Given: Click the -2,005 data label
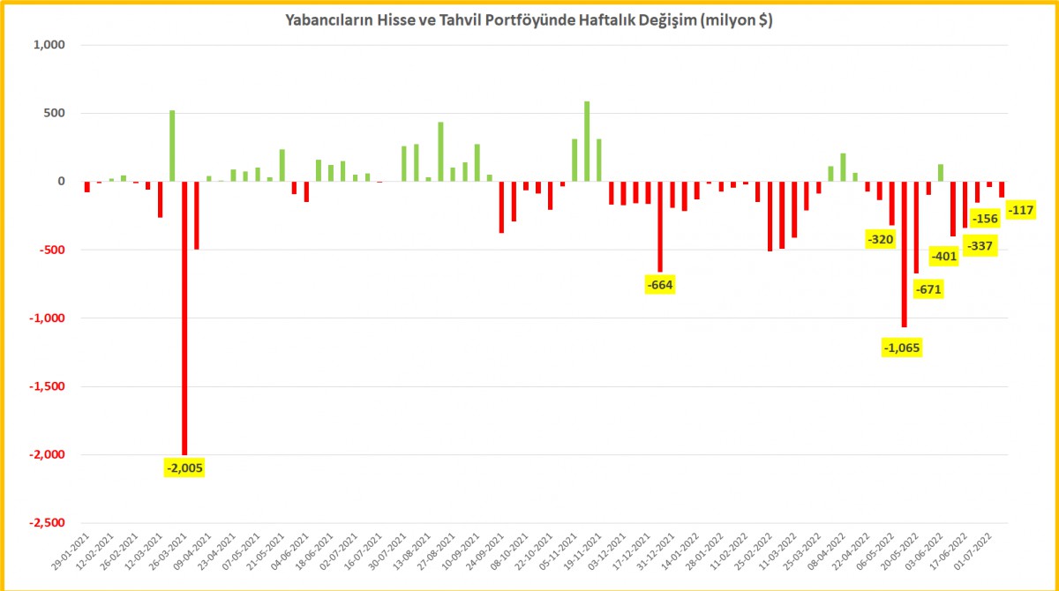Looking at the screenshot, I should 184,468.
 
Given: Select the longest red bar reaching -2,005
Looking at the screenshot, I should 184,318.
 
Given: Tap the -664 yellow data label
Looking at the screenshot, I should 660,284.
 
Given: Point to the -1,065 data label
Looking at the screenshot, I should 902,348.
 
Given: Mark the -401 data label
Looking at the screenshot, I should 943,257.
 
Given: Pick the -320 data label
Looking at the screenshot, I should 880,239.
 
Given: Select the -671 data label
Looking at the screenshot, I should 928,289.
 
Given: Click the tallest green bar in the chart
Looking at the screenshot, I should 587,141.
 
